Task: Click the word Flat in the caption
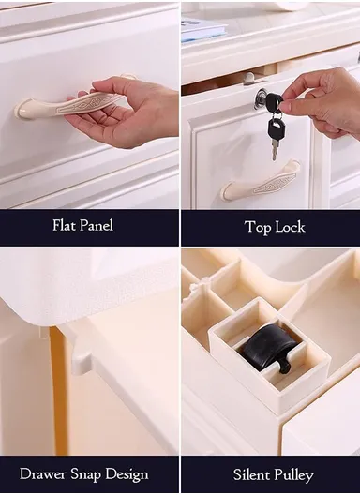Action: click(x=64, y=225)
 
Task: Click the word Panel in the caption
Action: click(x=97, y=225)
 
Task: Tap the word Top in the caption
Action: click(x=257, y=227)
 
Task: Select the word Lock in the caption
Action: click(x=290, y=227)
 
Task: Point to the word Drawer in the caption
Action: click(x=43, y=473)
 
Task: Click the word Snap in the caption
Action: click(x=86, y=475)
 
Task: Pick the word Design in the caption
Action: click(x=127, y=475)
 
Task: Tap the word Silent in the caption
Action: click(x=251, y=474)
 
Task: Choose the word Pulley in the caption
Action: click(x=293, y=475)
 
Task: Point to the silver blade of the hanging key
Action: click(x=275, y=150)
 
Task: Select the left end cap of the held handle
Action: click(x=22, y=110)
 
